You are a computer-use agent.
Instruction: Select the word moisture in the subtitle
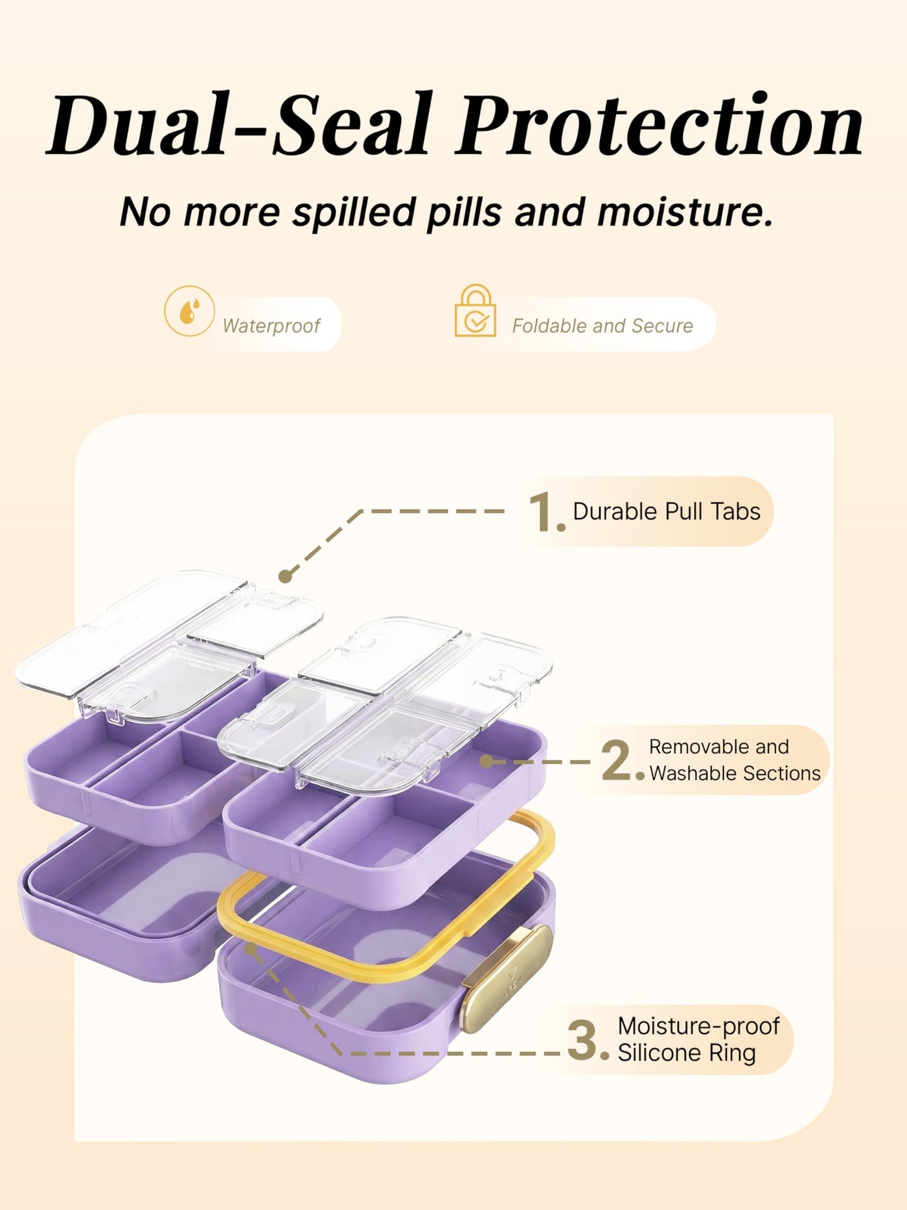pos(685,212)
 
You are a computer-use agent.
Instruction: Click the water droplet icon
pos(189,311)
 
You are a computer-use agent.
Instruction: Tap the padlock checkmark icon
pos(476,312)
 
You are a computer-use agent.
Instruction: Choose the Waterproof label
pos(271,325)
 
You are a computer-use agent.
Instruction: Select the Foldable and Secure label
pos(603,325)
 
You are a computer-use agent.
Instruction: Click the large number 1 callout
pos(546,512)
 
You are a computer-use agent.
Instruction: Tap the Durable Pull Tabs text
pos(667,511)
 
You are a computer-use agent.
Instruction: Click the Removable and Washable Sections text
pos(735,760)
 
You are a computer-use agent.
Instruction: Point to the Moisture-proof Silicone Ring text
pos(698,1039)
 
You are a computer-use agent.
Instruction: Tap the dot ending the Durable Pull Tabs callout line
pos(286,576)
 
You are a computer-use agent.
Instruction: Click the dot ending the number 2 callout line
pos(487,762)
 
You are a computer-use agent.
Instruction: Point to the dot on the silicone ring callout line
pos(251,949)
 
